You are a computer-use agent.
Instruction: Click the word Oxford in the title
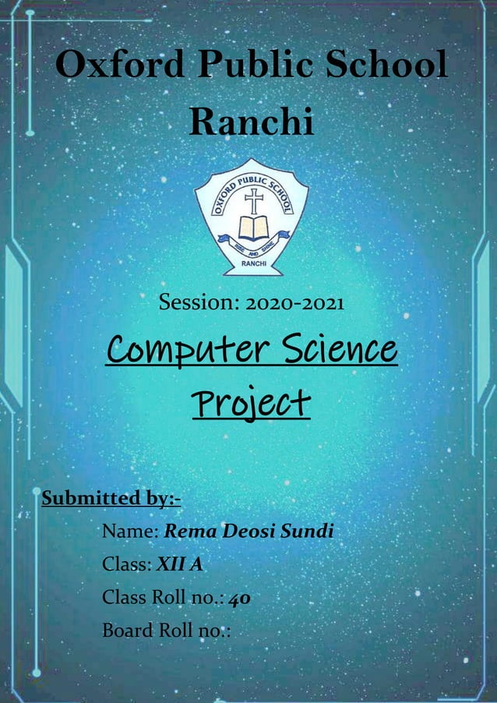116,65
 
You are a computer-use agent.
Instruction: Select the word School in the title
386,65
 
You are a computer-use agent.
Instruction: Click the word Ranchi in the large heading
251,122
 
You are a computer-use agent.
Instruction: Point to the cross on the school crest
253,201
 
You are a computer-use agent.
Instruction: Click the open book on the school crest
252,228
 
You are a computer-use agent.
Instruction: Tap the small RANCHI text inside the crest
252,264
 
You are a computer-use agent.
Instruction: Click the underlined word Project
251,404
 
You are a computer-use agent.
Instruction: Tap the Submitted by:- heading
111,497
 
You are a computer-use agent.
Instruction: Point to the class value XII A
180,564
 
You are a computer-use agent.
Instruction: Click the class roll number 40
239,598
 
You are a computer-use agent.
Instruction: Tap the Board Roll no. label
166,631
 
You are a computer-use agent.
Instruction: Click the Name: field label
130,532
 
